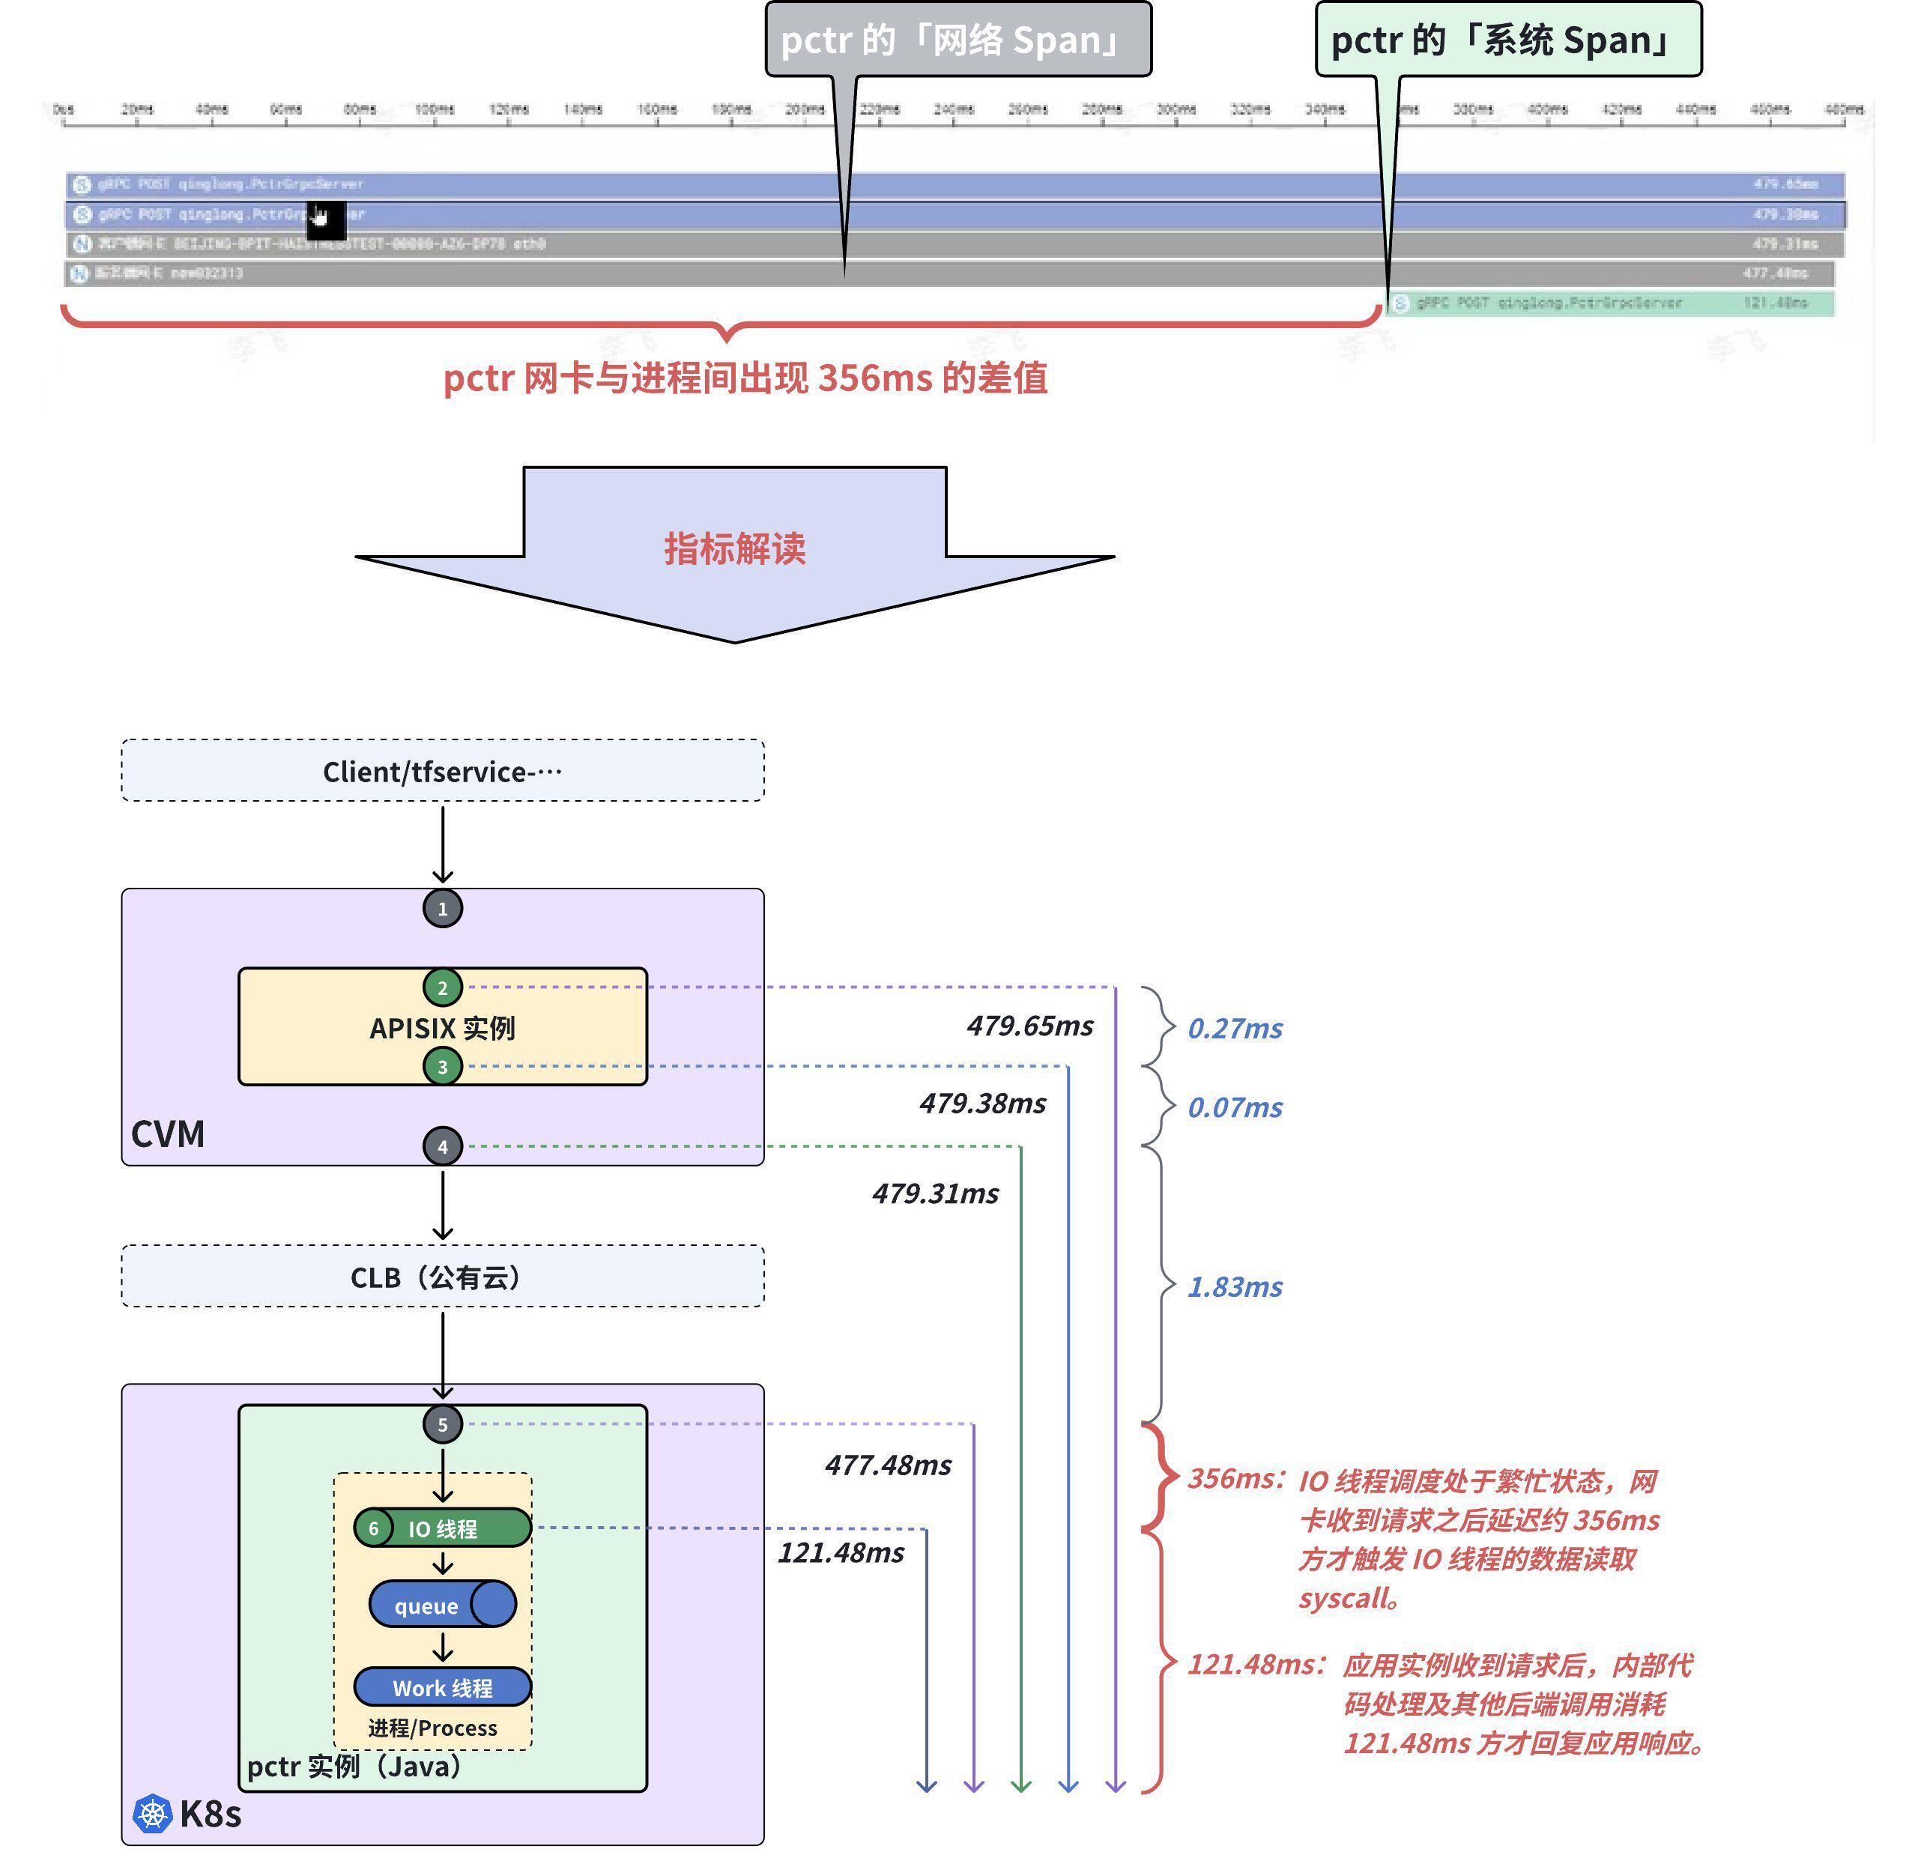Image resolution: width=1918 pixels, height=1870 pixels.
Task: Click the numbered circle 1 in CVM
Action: point(443,909)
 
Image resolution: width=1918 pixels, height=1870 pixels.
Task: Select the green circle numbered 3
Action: point(443,1067)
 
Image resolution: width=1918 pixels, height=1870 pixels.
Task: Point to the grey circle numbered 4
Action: point(443,1146)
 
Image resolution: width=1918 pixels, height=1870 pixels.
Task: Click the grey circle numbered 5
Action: point(443,1424)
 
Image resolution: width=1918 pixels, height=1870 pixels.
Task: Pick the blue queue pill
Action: point(443,1605)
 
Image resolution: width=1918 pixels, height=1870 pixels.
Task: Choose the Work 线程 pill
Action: point(443,1687)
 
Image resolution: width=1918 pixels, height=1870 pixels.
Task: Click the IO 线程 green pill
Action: point(443,1528)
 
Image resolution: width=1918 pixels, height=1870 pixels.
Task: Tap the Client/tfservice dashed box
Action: point(443,771)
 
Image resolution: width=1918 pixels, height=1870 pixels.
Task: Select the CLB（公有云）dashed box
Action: point(443,1277)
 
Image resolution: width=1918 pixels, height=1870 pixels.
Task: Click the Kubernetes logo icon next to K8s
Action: point(152,1813)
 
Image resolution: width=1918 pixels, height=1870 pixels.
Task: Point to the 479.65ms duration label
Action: point(1029,1026)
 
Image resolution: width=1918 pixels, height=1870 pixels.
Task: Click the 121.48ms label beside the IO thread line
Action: point(841,1553)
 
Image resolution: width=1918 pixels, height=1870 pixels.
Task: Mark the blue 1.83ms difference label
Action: point(1235,1286)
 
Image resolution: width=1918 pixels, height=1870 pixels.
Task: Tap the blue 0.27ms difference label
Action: point(1235,1029)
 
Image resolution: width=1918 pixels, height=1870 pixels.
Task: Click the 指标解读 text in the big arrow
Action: point(734,548)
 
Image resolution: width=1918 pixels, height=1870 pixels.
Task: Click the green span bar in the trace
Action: point(1611,303)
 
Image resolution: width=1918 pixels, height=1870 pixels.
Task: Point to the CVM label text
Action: point(168,1134)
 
